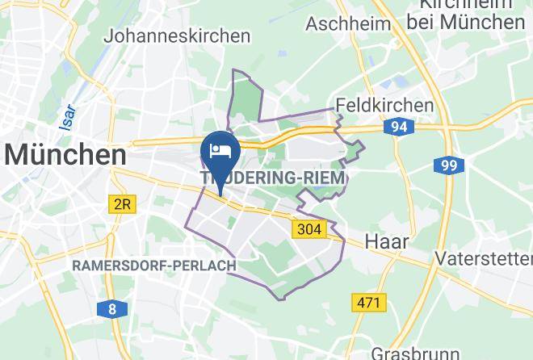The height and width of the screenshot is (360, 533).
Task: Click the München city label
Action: coord(66,153)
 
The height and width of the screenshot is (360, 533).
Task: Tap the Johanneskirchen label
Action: coord(176,36)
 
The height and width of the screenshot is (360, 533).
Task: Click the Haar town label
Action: coord(387,241)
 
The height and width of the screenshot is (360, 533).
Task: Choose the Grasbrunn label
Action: coord(412,353)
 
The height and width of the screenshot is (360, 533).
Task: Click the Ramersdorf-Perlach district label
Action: coord(154,266)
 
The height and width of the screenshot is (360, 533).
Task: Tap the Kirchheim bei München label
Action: coord(466,14)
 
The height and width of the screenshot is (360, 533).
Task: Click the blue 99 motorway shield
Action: coord(448,165)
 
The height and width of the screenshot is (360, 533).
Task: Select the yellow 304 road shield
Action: coord(308,229)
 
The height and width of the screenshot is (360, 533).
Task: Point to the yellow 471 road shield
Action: coord(369,302)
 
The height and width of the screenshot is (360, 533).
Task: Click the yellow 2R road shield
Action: coord(121,205)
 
